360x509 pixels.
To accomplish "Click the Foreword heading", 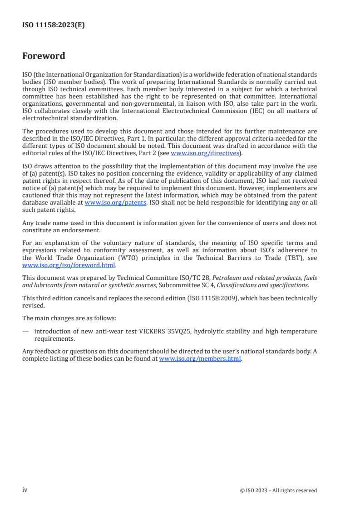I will click(x=44, y=56).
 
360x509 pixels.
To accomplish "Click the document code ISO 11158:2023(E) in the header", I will click(x=54, y=25).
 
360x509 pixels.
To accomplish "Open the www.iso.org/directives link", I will click(x=204, y=153).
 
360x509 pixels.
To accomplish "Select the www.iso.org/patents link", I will click(x=115, y=202).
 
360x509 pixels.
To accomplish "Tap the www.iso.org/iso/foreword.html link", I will click(x=69, y=265).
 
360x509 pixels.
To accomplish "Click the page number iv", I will click(x=25, y=489).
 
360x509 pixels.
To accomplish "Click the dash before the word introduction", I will click(x=25, y=331).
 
